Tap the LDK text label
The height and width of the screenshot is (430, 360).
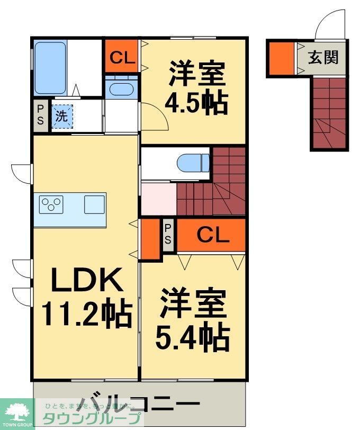click(x=87, y=280)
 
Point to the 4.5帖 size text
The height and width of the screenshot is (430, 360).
click(x=196, y=103)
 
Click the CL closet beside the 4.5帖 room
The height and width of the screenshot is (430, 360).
click(x=122, y=57)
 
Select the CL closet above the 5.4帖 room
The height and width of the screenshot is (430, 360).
click(x=213, y=235)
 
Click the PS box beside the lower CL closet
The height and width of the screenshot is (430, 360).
click(x=168, y=235)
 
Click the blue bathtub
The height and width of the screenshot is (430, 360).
click(x=50, y=67)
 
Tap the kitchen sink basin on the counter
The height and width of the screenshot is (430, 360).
click(x=94, y=204)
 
